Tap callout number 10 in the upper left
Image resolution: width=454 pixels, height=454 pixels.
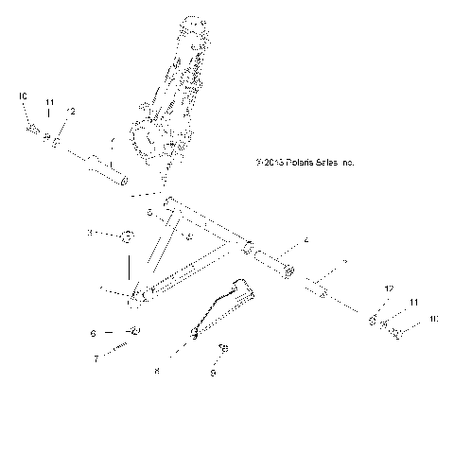(x=23, y=96)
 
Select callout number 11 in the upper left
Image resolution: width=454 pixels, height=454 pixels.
(x=50, y=102)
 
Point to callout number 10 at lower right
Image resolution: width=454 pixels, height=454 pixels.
(x=433, y=320)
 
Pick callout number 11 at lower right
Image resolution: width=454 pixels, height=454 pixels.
(x=412, y=302)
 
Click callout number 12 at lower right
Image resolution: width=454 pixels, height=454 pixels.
(x=388, y=288)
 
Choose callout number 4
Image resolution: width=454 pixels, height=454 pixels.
(x=306, y=241)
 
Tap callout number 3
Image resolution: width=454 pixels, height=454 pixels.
(x=91, y=232)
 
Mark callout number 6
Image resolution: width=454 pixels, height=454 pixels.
(x=93, y=333)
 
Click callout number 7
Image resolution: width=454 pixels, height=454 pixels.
(x=96, y=358)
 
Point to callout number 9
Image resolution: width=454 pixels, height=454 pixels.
(x=213, y=374)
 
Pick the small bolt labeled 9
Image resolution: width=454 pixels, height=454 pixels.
(x=224, y=350)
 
